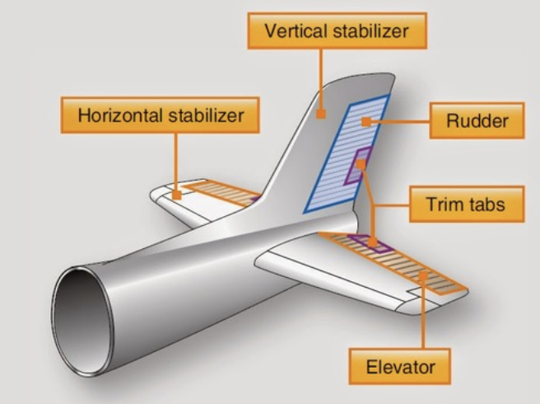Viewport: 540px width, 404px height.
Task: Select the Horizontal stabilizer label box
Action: pos(161,115)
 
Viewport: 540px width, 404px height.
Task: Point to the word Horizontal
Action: pos(123,115)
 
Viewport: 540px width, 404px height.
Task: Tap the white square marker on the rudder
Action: pos(365,121)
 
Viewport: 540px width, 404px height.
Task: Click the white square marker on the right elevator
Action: pos(421,277)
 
